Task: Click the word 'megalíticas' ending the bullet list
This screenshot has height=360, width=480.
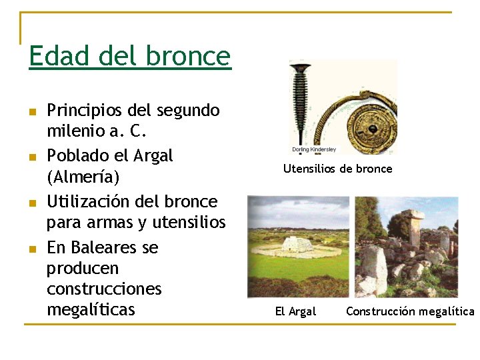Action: (x=91, y=310)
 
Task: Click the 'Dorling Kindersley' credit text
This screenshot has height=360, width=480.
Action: (x=314, y=149)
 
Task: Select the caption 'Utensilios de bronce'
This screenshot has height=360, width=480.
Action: (x=337, y=169)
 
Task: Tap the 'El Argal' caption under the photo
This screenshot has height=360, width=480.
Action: (x=295, y=311)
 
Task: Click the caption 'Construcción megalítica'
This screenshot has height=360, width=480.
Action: (x=410, y=311)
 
